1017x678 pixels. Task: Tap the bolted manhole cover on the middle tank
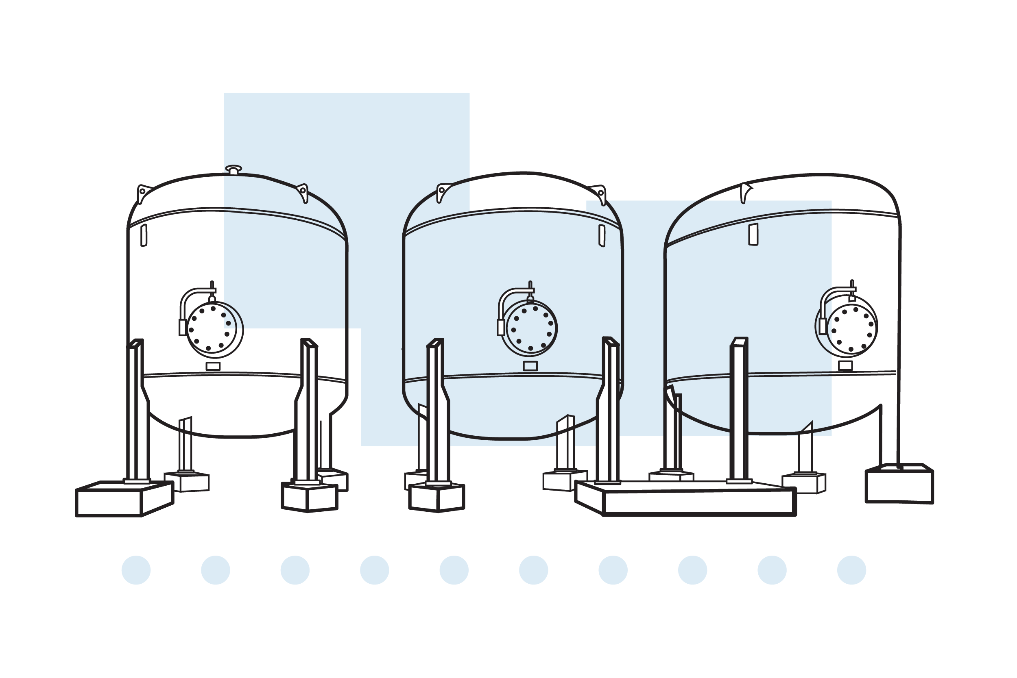530,328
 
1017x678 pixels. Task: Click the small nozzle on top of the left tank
234,169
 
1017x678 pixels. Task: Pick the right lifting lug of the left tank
303,192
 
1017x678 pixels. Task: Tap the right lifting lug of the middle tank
601,194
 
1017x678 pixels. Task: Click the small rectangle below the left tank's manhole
213,366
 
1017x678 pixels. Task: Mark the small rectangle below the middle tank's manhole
530,366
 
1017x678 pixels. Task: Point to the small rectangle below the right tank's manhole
846,366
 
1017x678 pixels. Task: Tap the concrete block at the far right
899,485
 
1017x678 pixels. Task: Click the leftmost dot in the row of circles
136,570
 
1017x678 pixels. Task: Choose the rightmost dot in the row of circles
852,570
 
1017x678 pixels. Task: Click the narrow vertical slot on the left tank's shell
144,235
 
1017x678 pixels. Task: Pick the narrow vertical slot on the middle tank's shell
602,236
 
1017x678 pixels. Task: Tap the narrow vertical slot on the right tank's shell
753,235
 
